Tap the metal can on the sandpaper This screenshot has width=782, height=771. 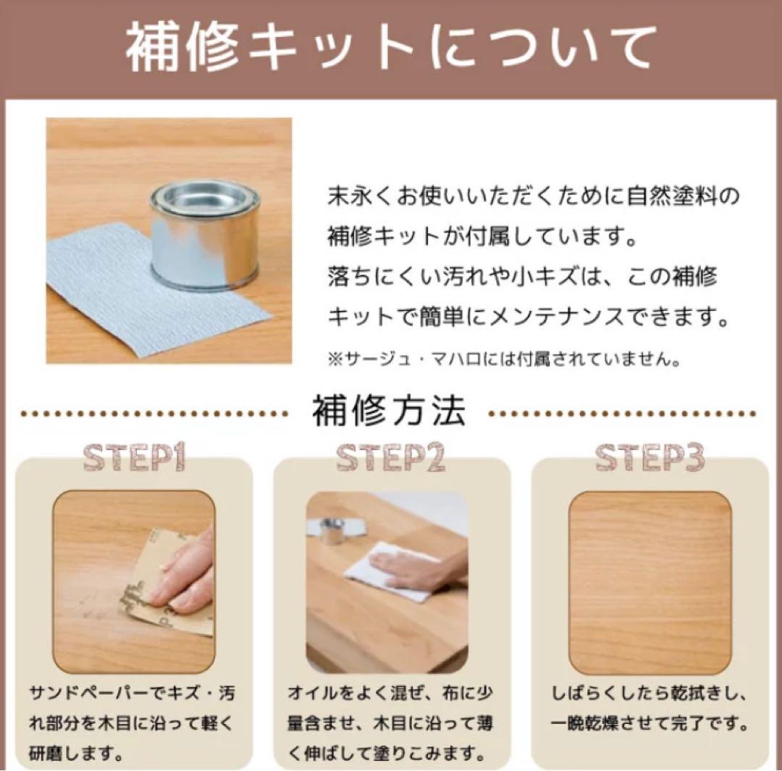coord(205,233)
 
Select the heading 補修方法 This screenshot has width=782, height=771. coord(389,412)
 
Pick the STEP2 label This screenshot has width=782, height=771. coord(391,458)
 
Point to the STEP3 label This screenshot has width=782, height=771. coord(649,458)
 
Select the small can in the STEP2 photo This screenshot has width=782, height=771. coord(332,530)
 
